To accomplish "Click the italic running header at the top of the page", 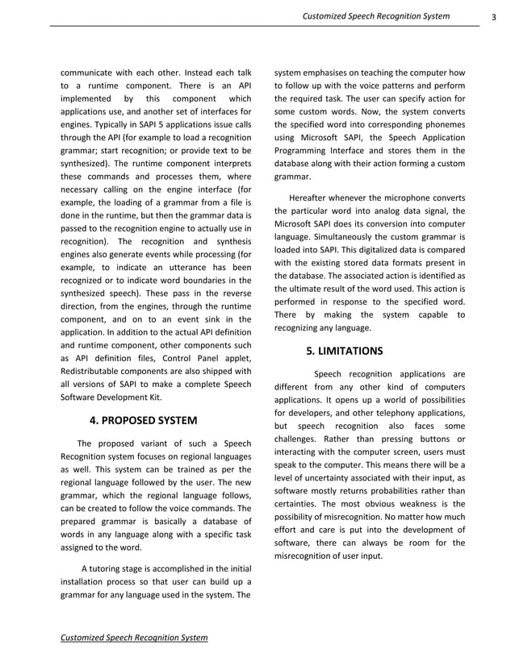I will pyautogui.click(x=376, y=16).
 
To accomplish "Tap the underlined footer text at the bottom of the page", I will pyautogui.click(x=134, y=638).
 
